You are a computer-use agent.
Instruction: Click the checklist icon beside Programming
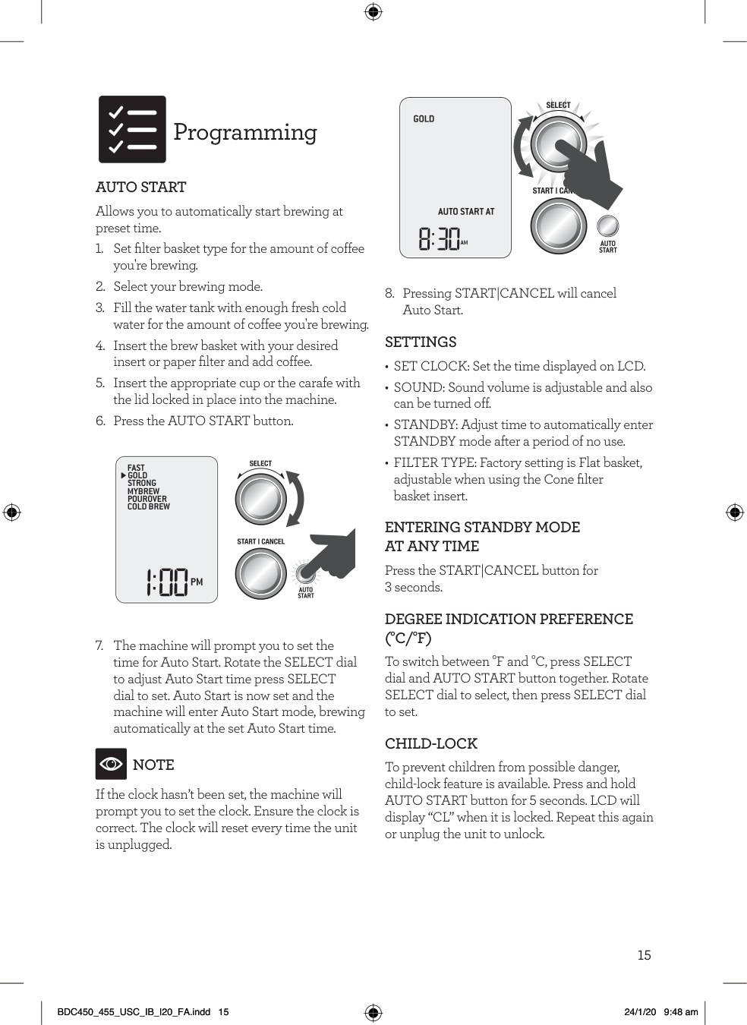pyautogui.click(x=132, y=129)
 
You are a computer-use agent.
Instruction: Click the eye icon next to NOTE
pyautogui.click(x=111, y=764)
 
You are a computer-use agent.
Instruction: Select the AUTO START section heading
pyautogui.click(x=141, y=187)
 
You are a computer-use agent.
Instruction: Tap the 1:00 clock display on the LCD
pyautogui.click(x=167, y=582)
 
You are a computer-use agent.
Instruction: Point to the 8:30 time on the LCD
pyautogui.click(x=440, y=239)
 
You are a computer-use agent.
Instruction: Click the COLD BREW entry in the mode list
pyautogui.click(x=149, y=507)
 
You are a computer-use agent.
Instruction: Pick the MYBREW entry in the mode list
pyautogui.click(x=143, y=491)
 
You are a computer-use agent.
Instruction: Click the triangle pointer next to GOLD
pyautogui.click(x=123, y=476)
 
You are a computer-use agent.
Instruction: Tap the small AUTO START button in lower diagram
pyautogui.click(x=305, y=572)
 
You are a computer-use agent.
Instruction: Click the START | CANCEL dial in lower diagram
pyautogui.click(x=260, y=573)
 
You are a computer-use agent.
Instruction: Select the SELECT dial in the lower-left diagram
pyautogui.click(x=260, y=498)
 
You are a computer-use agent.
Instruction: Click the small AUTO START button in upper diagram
pyautogui.click(x=607, y=226)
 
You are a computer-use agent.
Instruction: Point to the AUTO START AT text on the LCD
pyautogui.click(x=465, y=212)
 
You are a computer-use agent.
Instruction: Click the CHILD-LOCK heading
pyautogui.click(x=431, y=743)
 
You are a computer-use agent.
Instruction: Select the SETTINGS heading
pyautogui.click(x=421, y=342)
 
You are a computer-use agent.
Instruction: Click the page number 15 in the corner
pyautogui.click(x=644, y=955)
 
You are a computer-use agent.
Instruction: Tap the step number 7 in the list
pyautogui.click(x=100, y=645)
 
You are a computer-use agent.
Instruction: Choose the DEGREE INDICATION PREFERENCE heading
pyautogui.click(x=509, y=619)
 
